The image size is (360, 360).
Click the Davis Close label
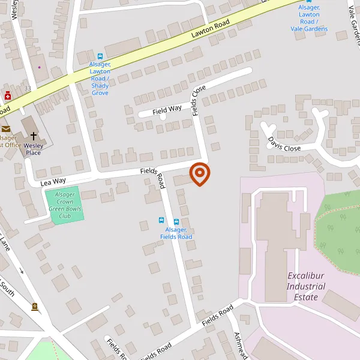point(284,144)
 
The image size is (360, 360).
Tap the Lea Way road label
point(53,180)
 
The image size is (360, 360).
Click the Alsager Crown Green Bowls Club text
point(65,206)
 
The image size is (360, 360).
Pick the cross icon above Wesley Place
point(34,137)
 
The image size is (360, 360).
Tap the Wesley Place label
point(33,149)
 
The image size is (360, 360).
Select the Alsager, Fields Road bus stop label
point(176,233)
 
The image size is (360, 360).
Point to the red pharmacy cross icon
point(8,95)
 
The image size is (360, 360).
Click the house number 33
point(27,88)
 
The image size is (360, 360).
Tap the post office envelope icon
point(5,128)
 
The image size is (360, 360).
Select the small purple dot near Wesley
point(40,67)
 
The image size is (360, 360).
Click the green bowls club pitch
point(64,206)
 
